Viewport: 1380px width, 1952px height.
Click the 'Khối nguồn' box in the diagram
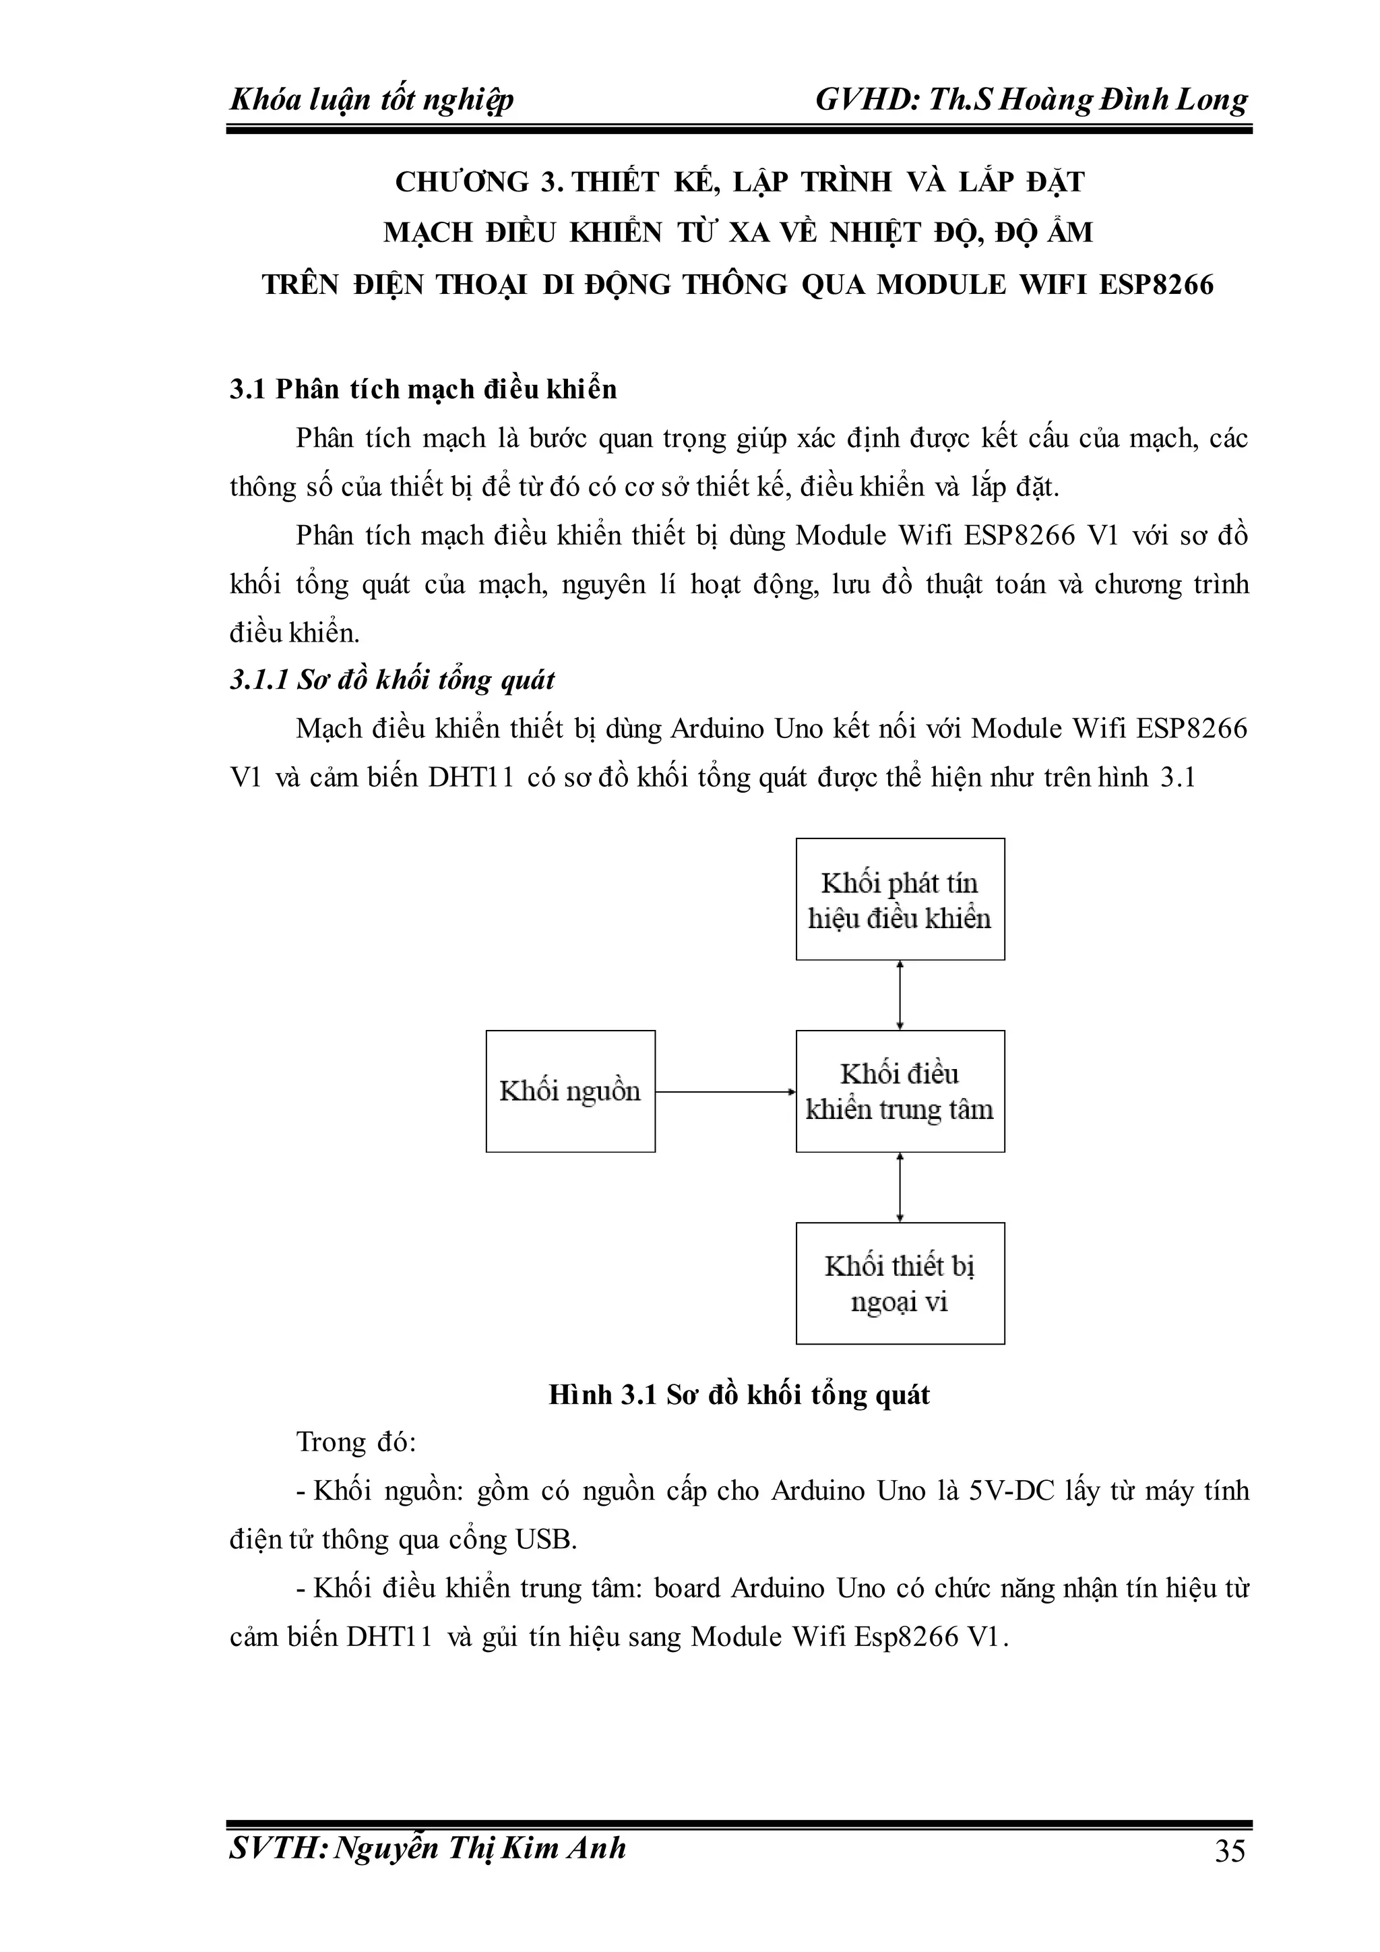[x=570, y=1091]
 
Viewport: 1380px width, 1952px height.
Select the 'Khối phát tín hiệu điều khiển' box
[x=900, y=899]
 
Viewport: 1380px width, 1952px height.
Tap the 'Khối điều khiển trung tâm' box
[x=900, y=1091]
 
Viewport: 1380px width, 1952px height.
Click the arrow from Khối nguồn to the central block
[x=725, y=1092]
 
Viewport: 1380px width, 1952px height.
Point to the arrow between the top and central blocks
[x=900, y=995]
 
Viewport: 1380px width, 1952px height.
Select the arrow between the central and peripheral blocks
[x=900, y=1187]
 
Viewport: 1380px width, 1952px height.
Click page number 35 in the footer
[x=1230, y=1850]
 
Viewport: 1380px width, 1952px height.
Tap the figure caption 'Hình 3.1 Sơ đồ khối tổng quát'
[x=739, y=1395]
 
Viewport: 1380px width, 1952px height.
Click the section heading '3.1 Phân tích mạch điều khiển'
[x=423, y=390]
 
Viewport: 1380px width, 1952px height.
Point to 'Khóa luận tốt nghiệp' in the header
[x=371, y=100]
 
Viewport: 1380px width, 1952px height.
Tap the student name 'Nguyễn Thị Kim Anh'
[x=480, y=1848]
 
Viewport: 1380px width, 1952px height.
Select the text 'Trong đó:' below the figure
[x=355, y=1442]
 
